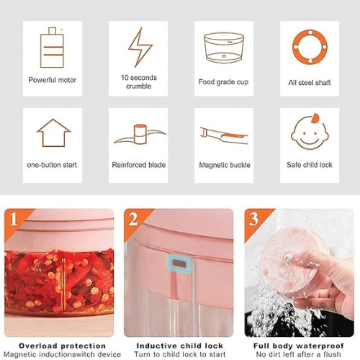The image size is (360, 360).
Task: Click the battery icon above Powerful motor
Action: point(52,48)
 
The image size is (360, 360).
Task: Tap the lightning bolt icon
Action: point(140,48)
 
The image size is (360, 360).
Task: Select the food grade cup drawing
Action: point(224,48)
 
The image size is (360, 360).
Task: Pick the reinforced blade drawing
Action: point(140,135)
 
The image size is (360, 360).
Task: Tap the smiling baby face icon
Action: point(310,132)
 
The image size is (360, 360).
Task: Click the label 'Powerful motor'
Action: point(53,80)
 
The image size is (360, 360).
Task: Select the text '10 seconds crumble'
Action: point(139,82)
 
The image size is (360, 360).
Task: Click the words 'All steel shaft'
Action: point(310,83)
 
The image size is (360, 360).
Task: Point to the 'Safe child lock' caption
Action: point(310,165)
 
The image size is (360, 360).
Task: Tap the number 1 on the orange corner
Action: point(14,219)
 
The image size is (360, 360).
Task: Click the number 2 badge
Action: point(133,219)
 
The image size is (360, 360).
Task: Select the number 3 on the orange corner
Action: point(253,219)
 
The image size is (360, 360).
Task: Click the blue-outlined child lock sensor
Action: point(179,264)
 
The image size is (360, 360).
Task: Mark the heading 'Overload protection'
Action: point(63,346)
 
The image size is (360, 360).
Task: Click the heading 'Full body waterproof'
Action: point(299,346)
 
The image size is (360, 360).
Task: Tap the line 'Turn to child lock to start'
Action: point(180,354)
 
